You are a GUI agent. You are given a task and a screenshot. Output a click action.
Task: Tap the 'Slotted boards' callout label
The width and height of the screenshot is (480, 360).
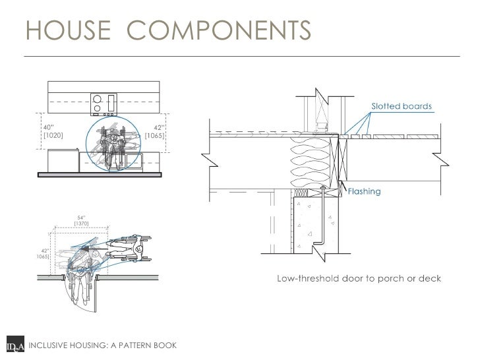coord(402,105)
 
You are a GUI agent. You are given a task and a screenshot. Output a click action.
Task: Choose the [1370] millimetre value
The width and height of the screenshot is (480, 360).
coord(82,224)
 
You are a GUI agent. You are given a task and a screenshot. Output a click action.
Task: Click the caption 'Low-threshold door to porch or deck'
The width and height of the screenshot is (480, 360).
coord(358,278)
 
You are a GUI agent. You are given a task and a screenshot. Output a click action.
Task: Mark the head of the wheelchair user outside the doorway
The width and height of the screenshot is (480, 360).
coord(139,249)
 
